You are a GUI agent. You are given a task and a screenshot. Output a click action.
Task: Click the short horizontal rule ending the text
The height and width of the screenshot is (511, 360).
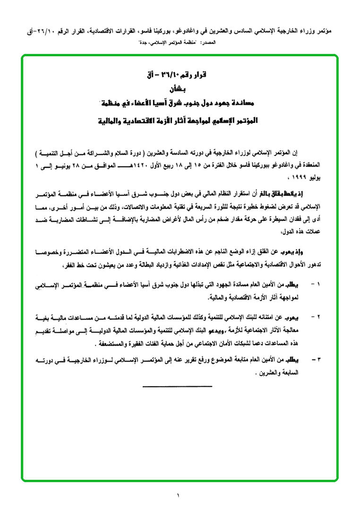click(177, 387)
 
